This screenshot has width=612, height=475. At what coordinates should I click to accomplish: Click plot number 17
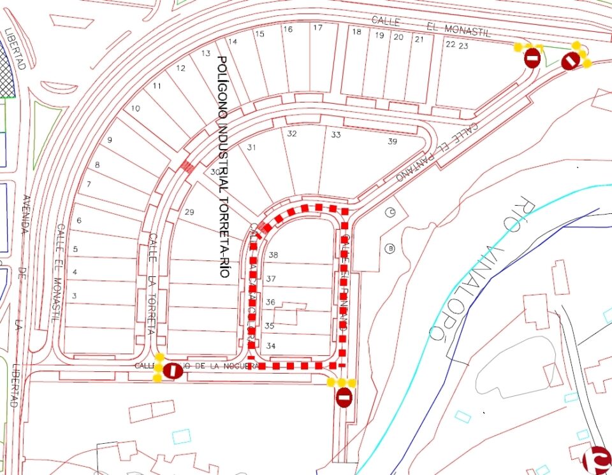(317, 28)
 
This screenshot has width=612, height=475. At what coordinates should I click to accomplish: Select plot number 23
(463, 45)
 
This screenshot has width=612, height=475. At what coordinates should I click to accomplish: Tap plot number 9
(110, 140)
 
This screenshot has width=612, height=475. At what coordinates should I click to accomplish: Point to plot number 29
(189, 212)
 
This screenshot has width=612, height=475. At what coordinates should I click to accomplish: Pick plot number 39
(392, 141)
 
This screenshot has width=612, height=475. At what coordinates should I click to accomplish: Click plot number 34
(271, 346)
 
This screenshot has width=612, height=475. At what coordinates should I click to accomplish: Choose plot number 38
(273, 255)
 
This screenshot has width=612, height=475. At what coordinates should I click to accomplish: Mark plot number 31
(252, 148)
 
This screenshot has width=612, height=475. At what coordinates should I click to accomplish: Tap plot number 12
(180, 68)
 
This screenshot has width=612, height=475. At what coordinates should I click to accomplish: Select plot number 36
(270, 302)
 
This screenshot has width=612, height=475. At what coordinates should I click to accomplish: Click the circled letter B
(391, 248)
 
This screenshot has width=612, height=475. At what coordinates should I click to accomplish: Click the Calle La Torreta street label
(152, 284)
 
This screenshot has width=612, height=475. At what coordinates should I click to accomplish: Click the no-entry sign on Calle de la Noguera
(172, 371)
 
